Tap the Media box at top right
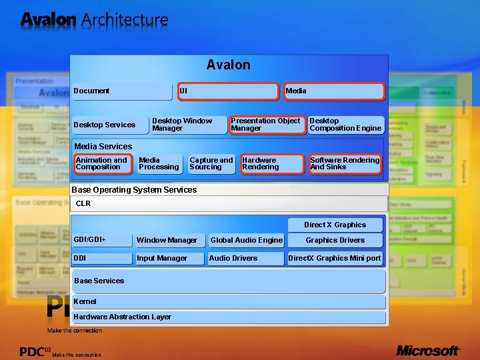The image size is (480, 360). [334, 91]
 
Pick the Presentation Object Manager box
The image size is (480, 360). [265, 125]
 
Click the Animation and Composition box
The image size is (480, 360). [103, 164]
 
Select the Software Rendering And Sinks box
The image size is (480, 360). [345, 164]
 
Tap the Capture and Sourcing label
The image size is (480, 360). [211, 163]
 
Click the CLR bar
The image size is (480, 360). [229, 204]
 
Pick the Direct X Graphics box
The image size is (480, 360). [335, 225]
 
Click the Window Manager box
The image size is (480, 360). [169, 241]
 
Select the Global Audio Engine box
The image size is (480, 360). [246, 241]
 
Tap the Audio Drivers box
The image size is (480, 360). [245, 258]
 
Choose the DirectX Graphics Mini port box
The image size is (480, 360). [335, 258]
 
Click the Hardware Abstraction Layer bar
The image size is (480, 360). [229, 317]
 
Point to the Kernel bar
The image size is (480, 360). [229, 302]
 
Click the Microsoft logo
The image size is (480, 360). [428, 350]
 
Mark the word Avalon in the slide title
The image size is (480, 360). [48, 19]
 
